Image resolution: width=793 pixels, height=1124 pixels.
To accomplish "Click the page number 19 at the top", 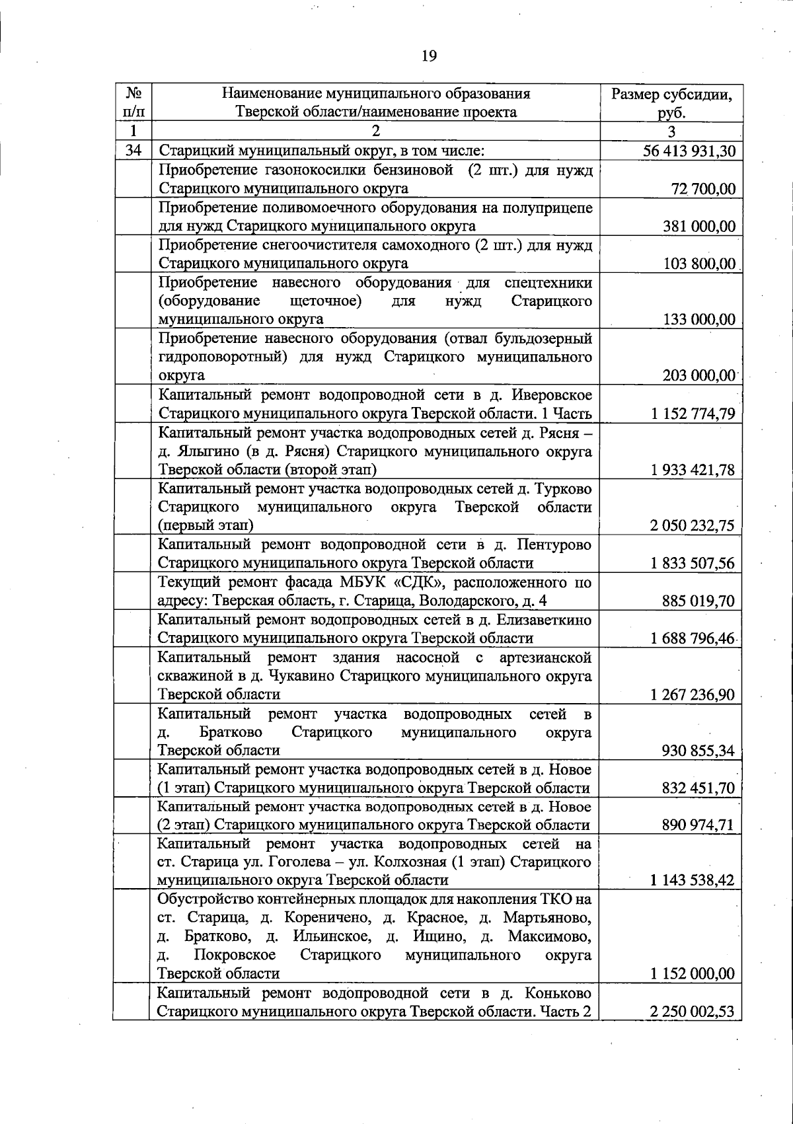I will pyautogui.click(x=429, y=56).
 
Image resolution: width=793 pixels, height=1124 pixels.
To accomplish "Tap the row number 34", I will pyautogui.click(x=133, y=151).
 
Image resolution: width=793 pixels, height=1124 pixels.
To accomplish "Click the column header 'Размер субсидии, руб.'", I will pyautogui.click(x=671, y=103).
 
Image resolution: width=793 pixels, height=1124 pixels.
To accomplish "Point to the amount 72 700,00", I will pyautogui.click(x=703, y=189).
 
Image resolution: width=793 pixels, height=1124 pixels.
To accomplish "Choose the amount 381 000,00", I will pyautogui.click(x=699, y=226).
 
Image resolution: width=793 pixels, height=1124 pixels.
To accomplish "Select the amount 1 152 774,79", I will pyautogui.click(x=693, y=414).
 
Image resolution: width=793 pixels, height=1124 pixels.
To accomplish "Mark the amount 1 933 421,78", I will pyautogui.click(x=693, y=470).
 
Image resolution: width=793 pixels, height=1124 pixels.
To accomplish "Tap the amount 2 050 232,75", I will pyautogui.click(x=693, y=525).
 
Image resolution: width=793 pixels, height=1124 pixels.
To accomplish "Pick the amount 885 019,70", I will pyautogui.click(x=699, y=601).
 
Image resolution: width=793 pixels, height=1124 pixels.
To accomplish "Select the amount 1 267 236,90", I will pyautogui.click(x=693, y=694).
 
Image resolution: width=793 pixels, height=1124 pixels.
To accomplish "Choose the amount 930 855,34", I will pyautogui.click(x=699, y=750).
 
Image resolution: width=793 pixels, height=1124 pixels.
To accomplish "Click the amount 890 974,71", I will pyautogui.click(x=699, y=825).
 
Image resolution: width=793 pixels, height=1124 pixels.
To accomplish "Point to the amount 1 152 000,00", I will pyautogui.click(x=693, y=973).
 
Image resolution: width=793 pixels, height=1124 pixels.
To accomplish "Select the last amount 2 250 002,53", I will pyautogui.click(x=693, y=1011).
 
